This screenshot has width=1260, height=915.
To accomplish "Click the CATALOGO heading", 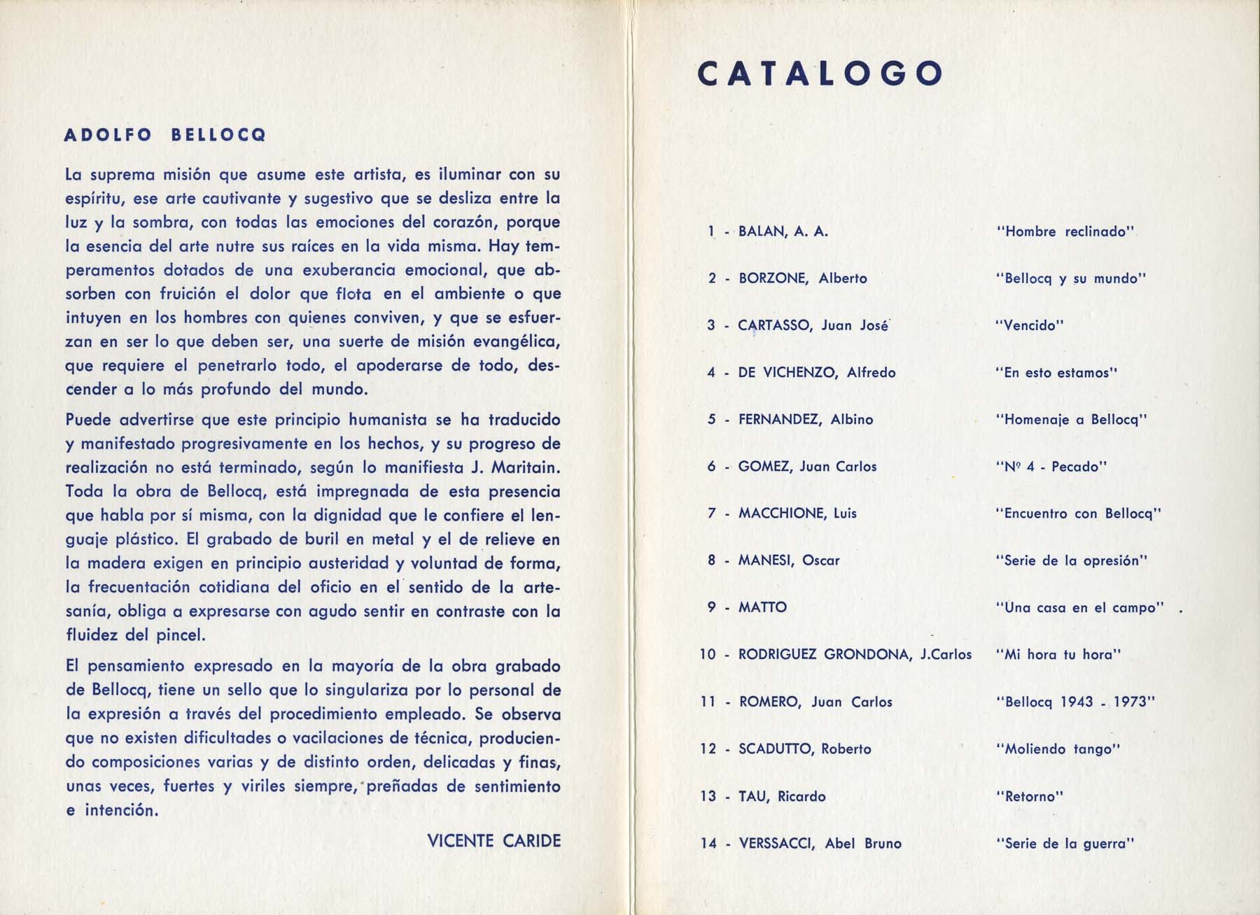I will click(x=820, y=73).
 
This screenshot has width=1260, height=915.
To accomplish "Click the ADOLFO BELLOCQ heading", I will click(x=165, y=136).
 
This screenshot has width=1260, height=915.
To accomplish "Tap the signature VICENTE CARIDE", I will click(x=493, y=840).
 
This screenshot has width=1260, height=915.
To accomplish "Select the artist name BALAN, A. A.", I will click(x=783, y=232).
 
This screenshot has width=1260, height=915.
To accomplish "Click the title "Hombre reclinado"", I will click(x=1064, y=232).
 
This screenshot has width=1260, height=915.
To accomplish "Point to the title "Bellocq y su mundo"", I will click(x=1070, y=278).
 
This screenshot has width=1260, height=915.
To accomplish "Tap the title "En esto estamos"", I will click(x=1056, y=373).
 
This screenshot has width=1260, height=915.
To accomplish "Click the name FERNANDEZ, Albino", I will click(x=806, y=420).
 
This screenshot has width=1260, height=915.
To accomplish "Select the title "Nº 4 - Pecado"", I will click(x=1051, y=467).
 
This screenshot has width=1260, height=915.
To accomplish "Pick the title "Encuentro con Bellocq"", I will click(x=1078, y=513).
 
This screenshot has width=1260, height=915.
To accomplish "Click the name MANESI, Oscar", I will click(x=789, y=560).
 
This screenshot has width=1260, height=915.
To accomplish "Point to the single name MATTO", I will click(x=762, y=607).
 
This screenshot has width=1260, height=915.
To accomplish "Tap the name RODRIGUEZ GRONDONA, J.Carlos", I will click(x=855, y=655).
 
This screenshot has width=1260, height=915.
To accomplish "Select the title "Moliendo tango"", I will click(x=1058, y=749).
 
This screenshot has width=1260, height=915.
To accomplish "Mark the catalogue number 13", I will click(x=708, y=796).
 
